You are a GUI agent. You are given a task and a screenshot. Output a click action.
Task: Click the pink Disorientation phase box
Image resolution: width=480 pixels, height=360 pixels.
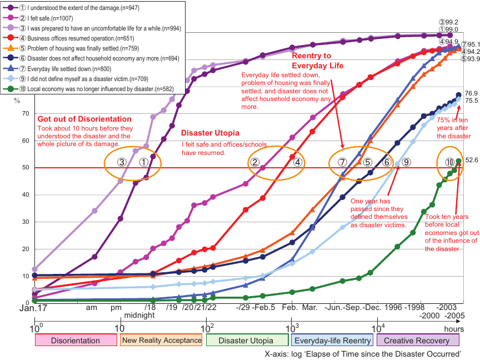tap(76, 340)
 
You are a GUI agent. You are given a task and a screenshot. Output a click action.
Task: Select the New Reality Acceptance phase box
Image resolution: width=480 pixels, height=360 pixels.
tap(161, 340)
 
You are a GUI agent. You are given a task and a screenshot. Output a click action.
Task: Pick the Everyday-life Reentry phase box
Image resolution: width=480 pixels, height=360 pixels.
tap(332, 340)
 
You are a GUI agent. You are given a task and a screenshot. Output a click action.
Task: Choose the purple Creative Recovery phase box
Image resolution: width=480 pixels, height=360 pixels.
tap(418, 340)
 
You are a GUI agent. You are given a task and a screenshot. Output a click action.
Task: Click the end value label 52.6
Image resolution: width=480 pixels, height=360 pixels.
tap(472, 160)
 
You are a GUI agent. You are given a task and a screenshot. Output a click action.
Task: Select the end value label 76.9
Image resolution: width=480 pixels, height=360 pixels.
tap(472, 93)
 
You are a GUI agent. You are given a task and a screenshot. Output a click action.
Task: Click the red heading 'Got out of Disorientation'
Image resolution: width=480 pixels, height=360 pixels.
tap(84, 119)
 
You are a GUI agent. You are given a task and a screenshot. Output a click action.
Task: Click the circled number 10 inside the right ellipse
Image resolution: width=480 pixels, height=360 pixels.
tap(449, 163)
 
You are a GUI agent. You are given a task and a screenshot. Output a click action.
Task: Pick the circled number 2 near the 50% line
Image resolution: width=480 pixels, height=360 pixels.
tap(254, 163)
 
